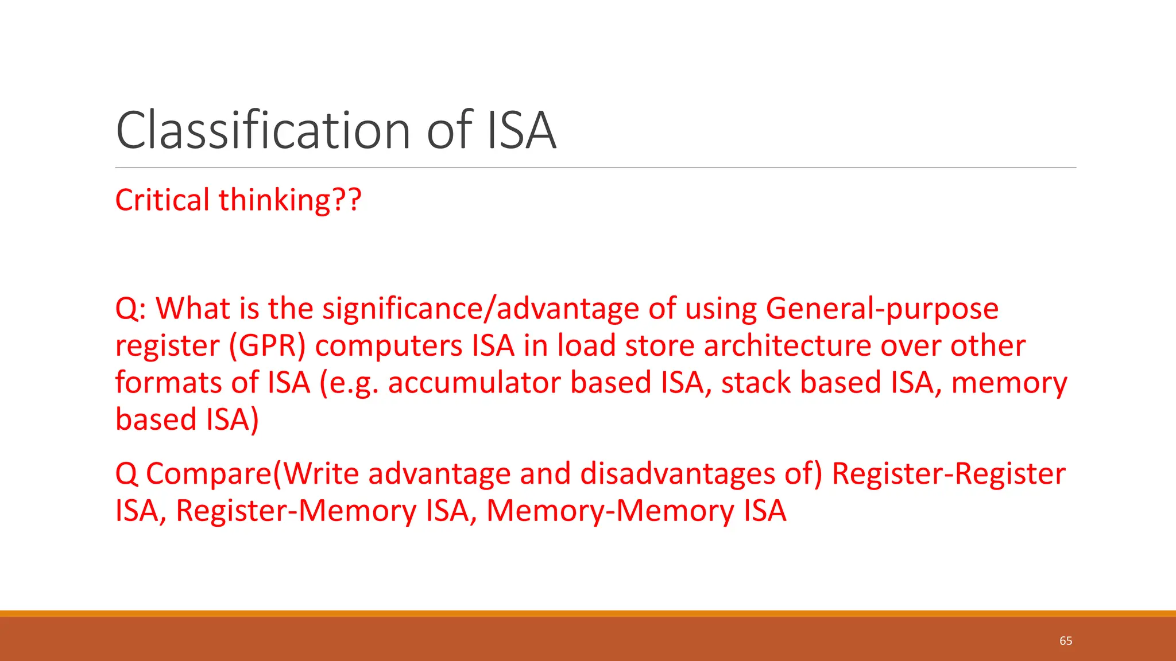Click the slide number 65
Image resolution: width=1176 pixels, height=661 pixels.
(x=1066, y=640)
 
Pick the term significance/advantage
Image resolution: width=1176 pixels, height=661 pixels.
(x=481, y=309)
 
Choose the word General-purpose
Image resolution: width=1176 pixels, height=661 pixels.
(x=882, y=309)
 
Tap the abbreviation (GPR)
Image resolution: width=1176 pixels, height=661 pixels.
(x=268, y=346)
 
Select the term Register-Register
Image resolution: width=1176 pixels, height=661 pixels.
(x=949, y=474)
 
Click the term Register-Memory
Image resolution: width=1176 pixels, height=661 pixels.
(x=296, y=511)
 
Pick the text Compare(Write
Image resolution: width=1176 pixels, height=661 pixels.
(x=253, y=474)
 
